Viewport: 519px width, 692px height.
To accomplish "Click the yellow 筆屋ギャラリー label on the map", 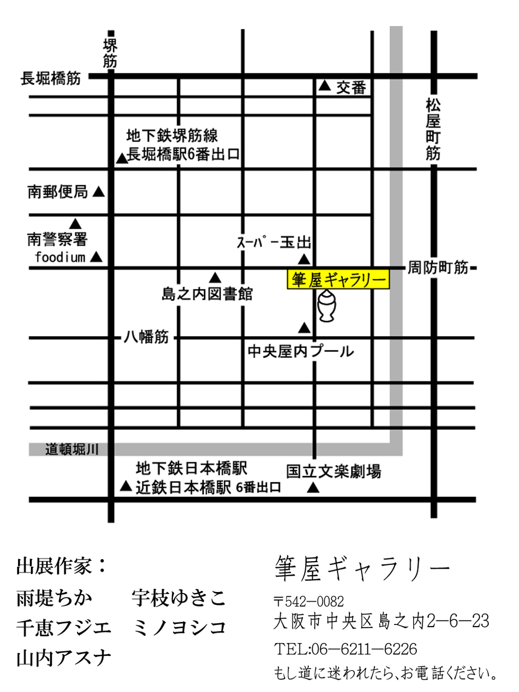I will (x=338, y=280).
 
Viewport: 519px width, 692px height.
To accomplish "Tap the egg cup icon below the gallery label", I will (x=327, y=306).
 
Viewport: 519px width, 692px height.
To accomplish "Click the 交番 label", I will (x=351, y=87).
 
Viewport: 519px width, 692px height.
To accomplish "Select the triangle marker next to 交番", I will (x=324, y=86).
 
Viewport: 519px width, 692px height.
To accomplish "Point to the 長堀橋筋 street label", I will (x=51, y=79).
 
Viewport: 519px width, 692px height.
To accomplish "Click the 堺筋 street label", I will (x=110, y=53).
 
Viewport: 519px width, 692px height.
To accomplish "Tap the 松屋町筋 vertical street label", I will (x=433, y=129).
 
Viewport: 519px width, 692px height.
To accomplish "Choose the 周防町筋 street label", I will (x=438, y=268).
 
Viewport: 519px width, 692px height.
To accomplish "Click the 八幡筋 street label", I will (x=146, y=337).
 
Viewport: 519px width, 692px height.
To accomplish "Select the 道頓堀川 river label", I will (x=72, y=449).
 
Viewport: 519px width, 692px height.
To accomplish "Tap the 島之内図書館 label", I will (x=207, y=294).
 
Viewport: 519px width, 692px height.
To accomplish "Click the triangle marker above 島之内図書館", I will (x=215, y=278).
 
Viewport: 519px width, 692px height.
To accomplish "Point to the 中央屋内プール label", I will (x=300, y=351).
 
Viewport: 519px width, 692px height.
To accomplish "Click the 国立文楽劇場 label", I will (x=333, y=471).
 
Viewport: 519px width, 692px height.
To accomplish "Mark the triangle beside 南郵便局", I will (x=99, y=191).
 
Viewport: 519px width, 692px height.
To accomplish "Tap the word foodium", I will (x=60, y=257).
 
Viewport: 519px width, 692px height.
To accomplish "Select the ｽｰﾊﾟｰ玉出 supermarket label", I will (x=274, y=243).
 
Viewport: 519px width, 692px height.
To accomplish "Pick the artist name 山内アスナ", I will (x=64, y=658).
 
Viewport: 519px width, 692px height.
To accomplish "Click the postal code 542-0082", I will (x=314, y=602).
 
